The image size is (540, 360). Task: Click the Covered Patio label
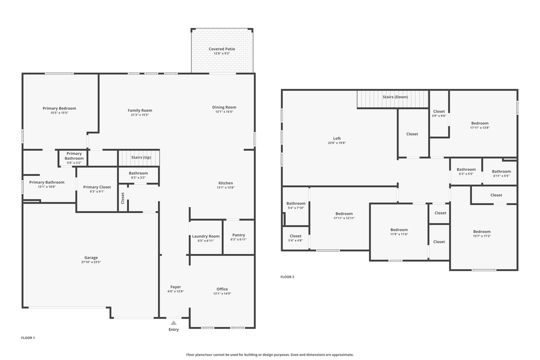click(221, 49)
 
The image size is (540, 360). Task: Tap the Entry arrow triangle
click(173, 323)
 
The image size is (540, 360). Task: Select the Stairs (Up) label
click(141, 157)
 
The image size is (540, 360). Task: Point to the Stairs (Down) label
click(395, 97)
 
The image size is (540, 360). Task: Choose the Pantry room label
click(238, 235)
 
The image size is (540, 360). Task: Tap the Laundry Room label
click(205, 236)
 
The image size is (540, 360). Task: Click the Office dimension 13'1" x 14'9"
click(222, 293)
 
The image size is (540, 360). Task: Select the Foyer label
click(175, 287)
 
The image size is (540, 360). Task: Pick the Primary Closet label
click(97, 187)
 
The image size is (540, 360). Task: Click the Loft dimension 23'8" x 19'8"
click(336, 143)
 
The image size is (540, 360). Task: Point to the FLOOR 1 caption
click(28, 338)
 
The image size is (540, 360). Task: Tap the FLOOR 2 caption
click(287, 277)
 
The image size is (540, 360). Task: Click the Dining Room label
click(224, 107)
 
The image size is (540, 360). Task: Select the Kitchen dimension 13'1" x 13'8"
click(225, 187)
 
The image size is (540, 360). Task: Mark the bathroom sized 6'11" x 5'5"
click(501, 173)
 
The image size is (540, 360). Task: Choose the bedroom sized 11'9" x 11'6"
click(399, 232)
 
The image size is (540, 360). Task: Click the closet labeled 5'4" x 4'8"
click(295, 238)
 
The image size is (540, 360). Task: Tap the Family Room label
click(140, 110)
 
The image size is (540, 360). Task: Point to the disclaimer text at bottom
click(269, 354)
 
